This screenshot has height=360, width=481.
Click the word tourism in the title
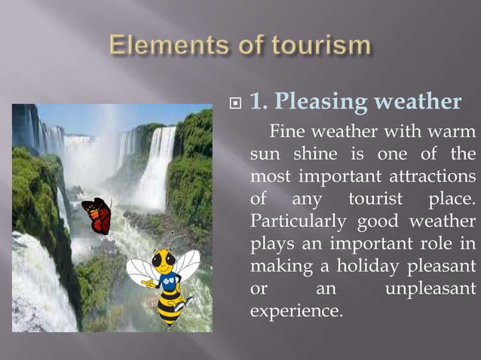coord(317,46)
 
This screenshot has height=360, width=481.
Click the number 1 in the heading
coord(256,102)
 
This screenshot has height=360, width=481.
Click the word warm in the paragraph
coord(455,133)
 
